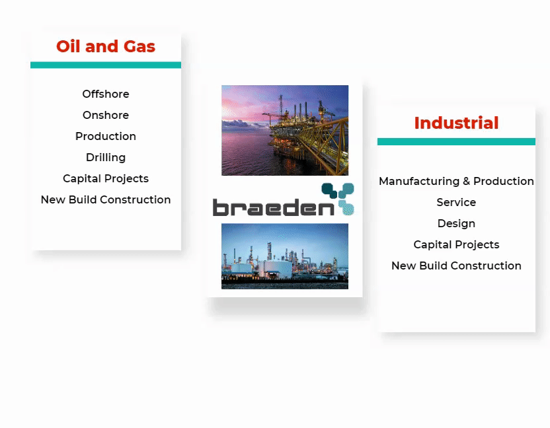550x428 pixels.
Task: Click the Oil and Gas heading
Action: (x=106, y=46)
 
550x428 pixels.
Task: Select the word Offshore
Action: (x=106, y=94)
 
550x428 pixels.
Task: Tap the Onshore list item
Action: (x=106, y=115)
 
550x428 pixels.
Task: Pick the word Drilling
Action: (x=106, y=157)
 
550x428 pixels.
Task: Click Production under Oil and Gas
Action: (x=106, y=136)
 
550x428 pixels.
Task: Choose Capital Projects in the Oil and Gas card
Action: (x=106, y=178)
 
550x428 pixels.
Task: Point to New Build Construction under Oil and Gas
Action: (x=106, y=199)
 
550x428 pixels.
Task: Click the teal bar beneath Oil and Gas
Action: (x=106, y=65)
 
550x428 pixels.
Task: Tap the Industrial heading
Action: (x=456, y=123)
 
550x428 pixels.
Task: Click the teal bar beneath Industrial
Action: (x=456, y=141)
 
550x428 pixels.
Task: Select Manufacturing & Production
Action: (x=456, y=181)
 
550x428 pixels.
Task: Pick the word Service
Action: (x=456, y=202)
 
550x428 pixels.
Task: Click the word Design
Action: (x=456, y=223)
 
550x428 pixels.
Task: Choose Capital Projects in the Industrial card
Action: (x=456, y=244)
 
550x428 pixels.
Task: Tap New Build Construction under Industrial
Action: (x=456, y=266)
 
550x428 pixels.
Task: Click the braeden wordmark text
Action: (x=274, y=207)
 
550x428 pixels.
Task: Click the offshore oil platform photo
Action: (x=285, y=130)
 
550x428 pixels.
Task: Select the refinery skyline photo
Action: (x=285, y=256)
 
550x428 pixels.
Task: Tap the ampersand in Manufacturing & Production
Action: (x=466, y=181)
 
